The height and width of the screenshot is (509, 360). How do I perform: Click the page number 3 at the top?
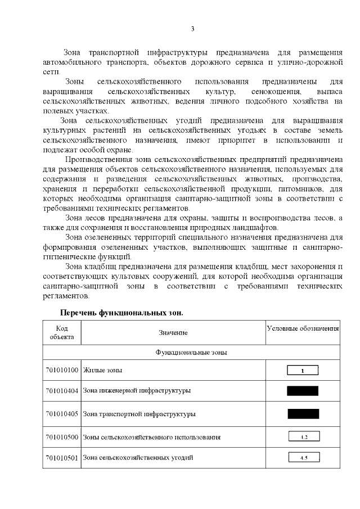point(193,29)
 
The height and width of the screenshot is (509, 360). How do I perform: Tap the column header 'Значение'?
point(173,333)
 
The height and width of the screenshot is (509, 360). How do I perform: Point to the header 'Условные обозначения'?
point(303,328)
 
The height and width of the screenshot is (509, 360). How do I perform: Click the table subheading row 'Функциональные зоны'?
point(191,353)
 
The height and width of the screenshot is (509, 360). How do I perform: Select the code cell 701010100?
point(62,370)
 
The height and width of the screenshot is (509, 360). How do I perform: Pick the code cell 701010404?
point(62,390)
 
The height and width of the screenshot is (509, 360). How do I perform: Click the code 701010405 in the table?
point(62,414)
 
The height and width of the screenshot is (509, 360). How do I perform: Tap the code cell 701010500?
point(62,436)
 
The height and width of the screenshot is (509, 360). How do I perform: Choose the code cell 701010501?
point(62,458)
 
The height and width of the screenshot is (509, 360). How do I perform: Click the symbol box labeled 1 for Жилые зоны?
point(303,370)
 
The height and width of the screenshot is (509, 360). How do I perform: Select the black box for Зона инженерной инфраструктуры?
point(303,390)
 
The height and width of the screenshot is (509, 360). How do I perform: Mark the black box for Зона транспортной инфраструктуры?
point(303,414)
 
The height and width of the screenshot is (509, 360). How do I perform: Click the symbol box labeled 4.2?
point(303,436)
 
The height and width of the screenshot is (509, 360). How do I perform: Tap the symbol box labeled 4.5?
point(303,458)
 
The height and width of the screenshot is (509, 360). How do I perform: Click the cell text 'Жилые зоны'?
point(103,370)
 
